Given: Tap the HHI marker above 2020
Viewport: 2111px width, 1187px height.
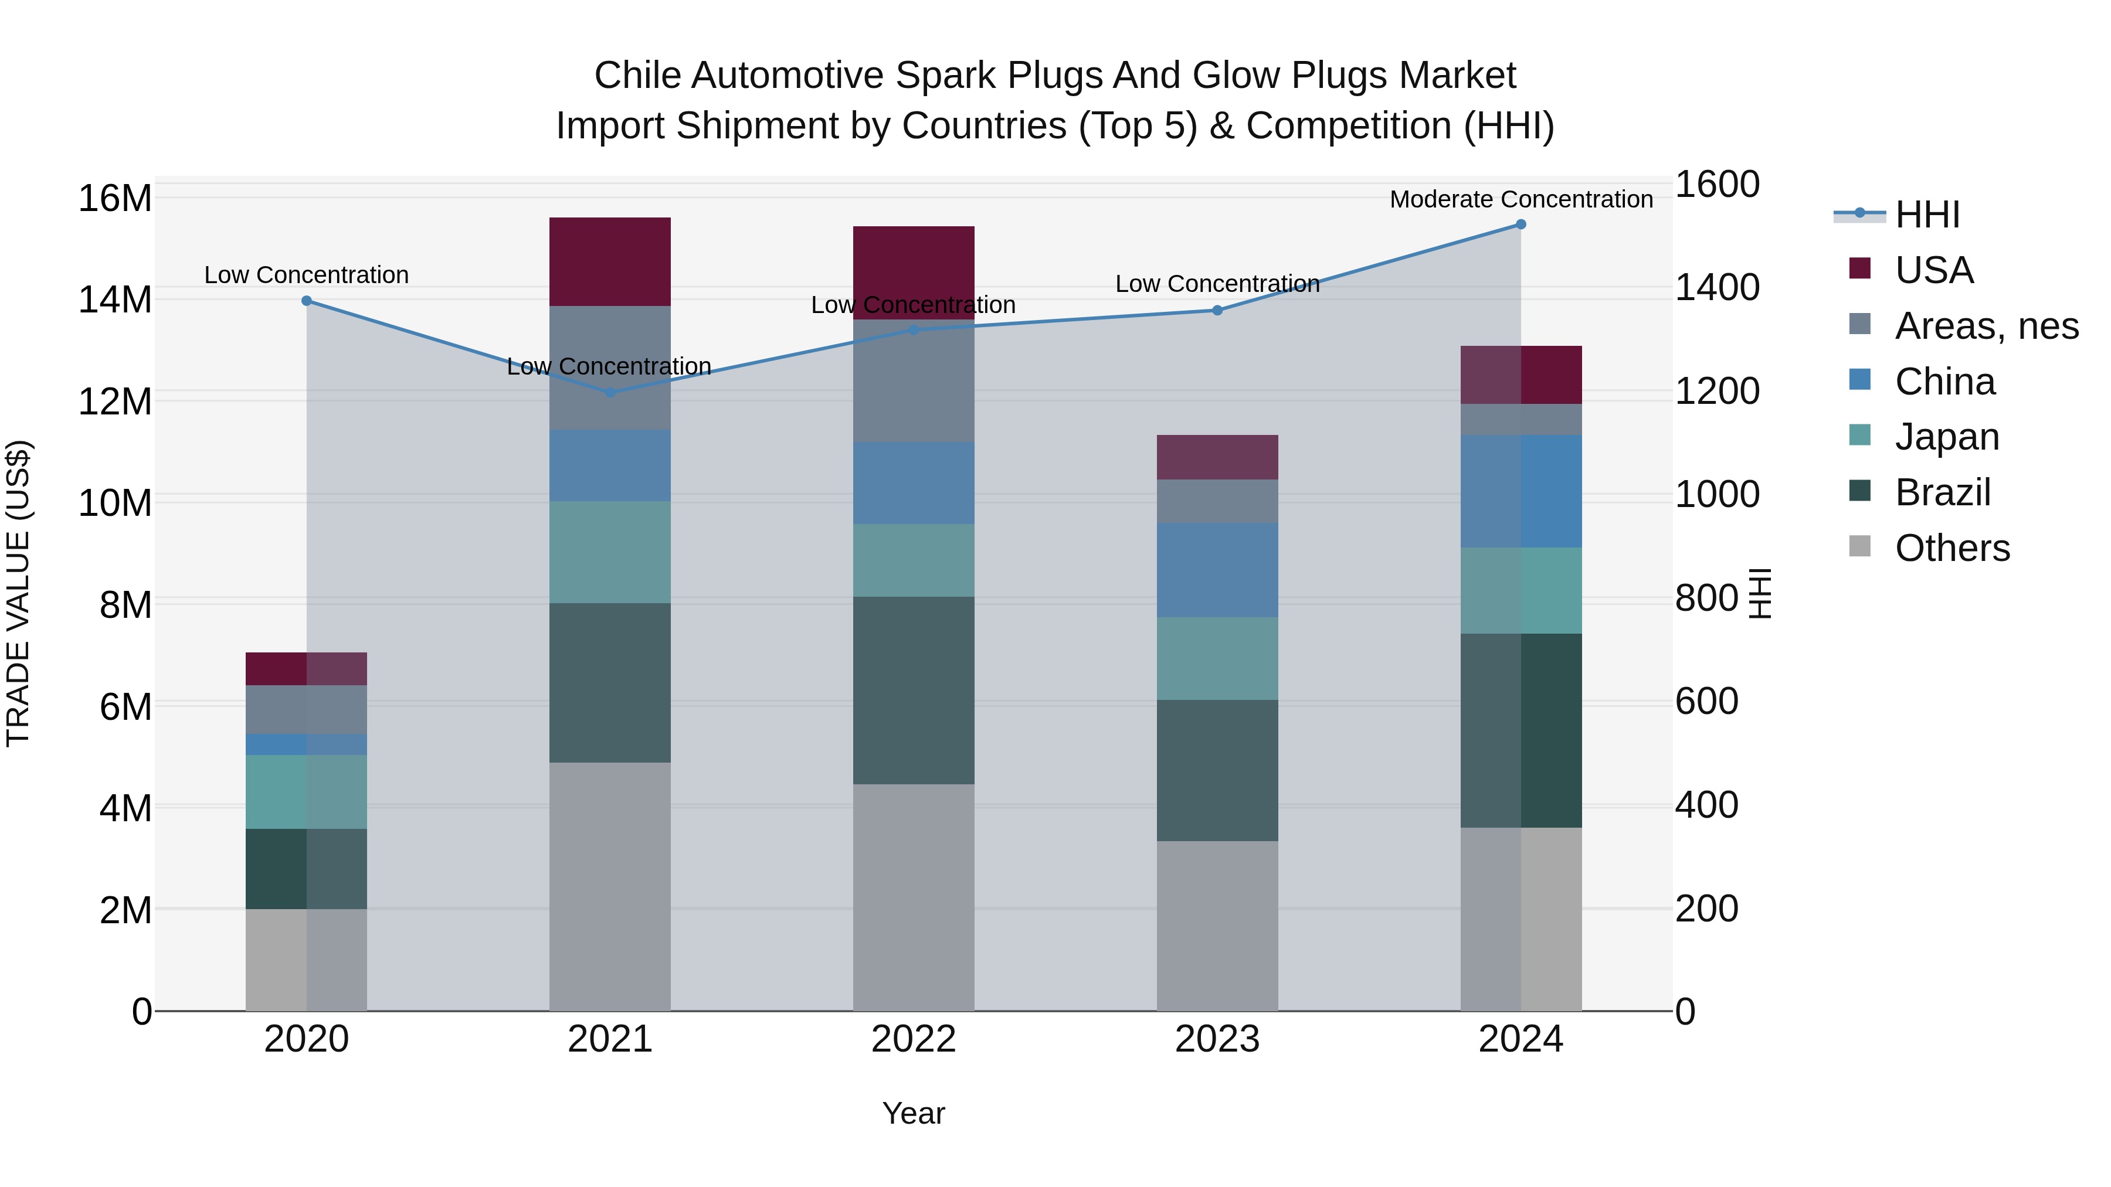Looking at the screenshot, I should (307, 301).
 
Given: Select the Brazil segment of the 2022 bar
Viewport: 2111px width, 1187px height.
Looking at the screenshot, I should (913, 690).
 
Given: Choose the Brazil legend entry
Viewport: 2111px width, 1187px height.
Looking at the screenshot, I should (1942, 492).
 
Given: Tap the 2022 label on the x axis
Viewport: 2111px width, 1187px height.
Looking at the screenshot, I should (913, 1039).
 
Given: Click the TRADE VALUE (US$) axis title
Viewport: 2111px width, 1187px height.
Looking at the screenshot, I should (18, 593).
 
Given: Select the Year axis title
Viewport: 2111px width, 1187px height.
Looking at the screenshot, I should (913, 1113).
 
